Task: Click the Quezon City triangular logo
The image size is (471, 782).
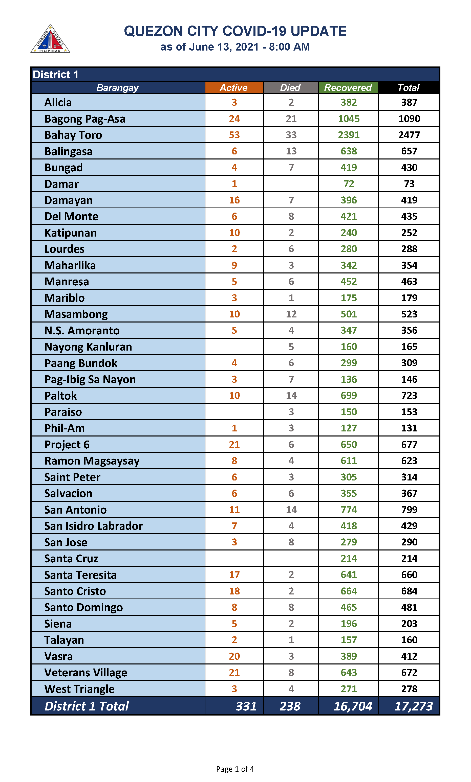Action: click(50, 39)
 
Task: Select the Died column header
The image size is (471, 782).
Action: click(290, 87)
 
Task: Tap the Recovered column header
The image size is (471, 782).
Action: click(348, 87)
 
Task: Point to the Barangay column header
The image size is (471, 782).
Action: click(117, 87)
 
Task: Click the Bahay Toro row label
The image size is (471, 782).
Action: click(73, 135)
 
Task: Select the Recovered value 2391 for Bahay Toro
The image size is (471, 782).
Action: click(349, 135)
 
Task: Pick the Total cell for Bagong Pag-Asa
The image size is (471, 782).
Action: click(409, 119)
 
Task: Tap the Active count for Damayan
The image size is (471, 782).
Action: click(234, 200)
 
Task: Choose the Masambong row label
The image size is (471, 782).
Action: click(76, 314)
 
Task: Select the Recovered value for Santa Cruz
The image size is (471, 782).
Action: click(349, 558)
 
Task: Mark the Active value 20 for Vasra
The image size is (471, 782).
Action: click(234, 656)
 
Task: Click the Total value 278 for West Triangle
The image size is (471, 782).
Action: click(409, 689)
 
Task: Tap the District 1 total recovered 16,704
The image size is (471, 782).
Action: click(353, 706)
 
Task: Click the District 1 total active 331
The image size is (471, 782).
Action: click(246, 706)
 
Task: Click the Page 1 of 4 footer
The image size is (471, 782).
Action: click(235, 769)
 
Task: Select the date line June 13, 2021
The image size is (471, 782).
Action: click(235, 47)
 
